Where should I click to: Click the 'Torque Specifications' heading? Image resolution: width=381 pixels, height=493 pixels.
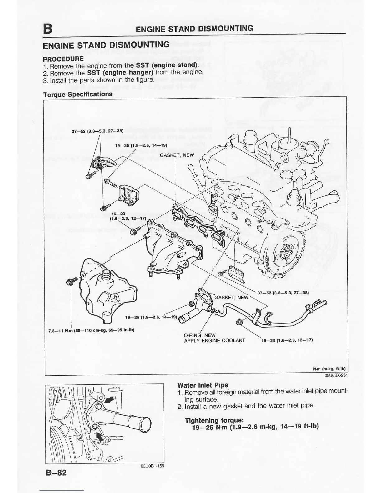click(x=78, y=94)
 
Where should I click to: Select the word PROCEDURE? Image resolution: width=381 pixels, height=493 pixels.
click(x=63, y=59)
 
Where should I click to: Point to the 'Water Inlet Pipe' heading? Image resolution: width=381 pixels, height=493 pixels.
click(x=203, y=385)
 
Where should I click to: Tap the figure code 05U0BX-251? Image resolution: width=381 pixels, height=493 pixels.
click(x=336, y=375)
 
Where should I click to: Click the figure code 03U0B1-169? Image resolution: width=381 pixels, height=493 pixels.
click(x=152, y=466)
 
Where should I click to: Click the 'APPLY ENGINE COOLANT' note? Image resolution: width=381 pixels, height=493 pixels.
click(x=214, y=340)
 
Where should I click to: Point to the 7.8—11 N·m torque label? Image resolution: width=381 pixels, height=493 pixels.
click(x=91, y=330)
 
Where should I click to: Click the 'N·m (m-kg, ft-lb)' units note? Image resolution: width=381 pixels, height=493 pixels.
click(x=329, y=369)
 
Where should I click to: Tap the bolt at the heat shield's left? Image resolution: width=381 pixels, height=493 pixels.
click(x=70, y=282)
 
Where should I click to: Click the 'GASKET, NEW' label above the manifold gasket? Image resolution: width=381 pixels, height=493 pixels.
click(x=177, y=155)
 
